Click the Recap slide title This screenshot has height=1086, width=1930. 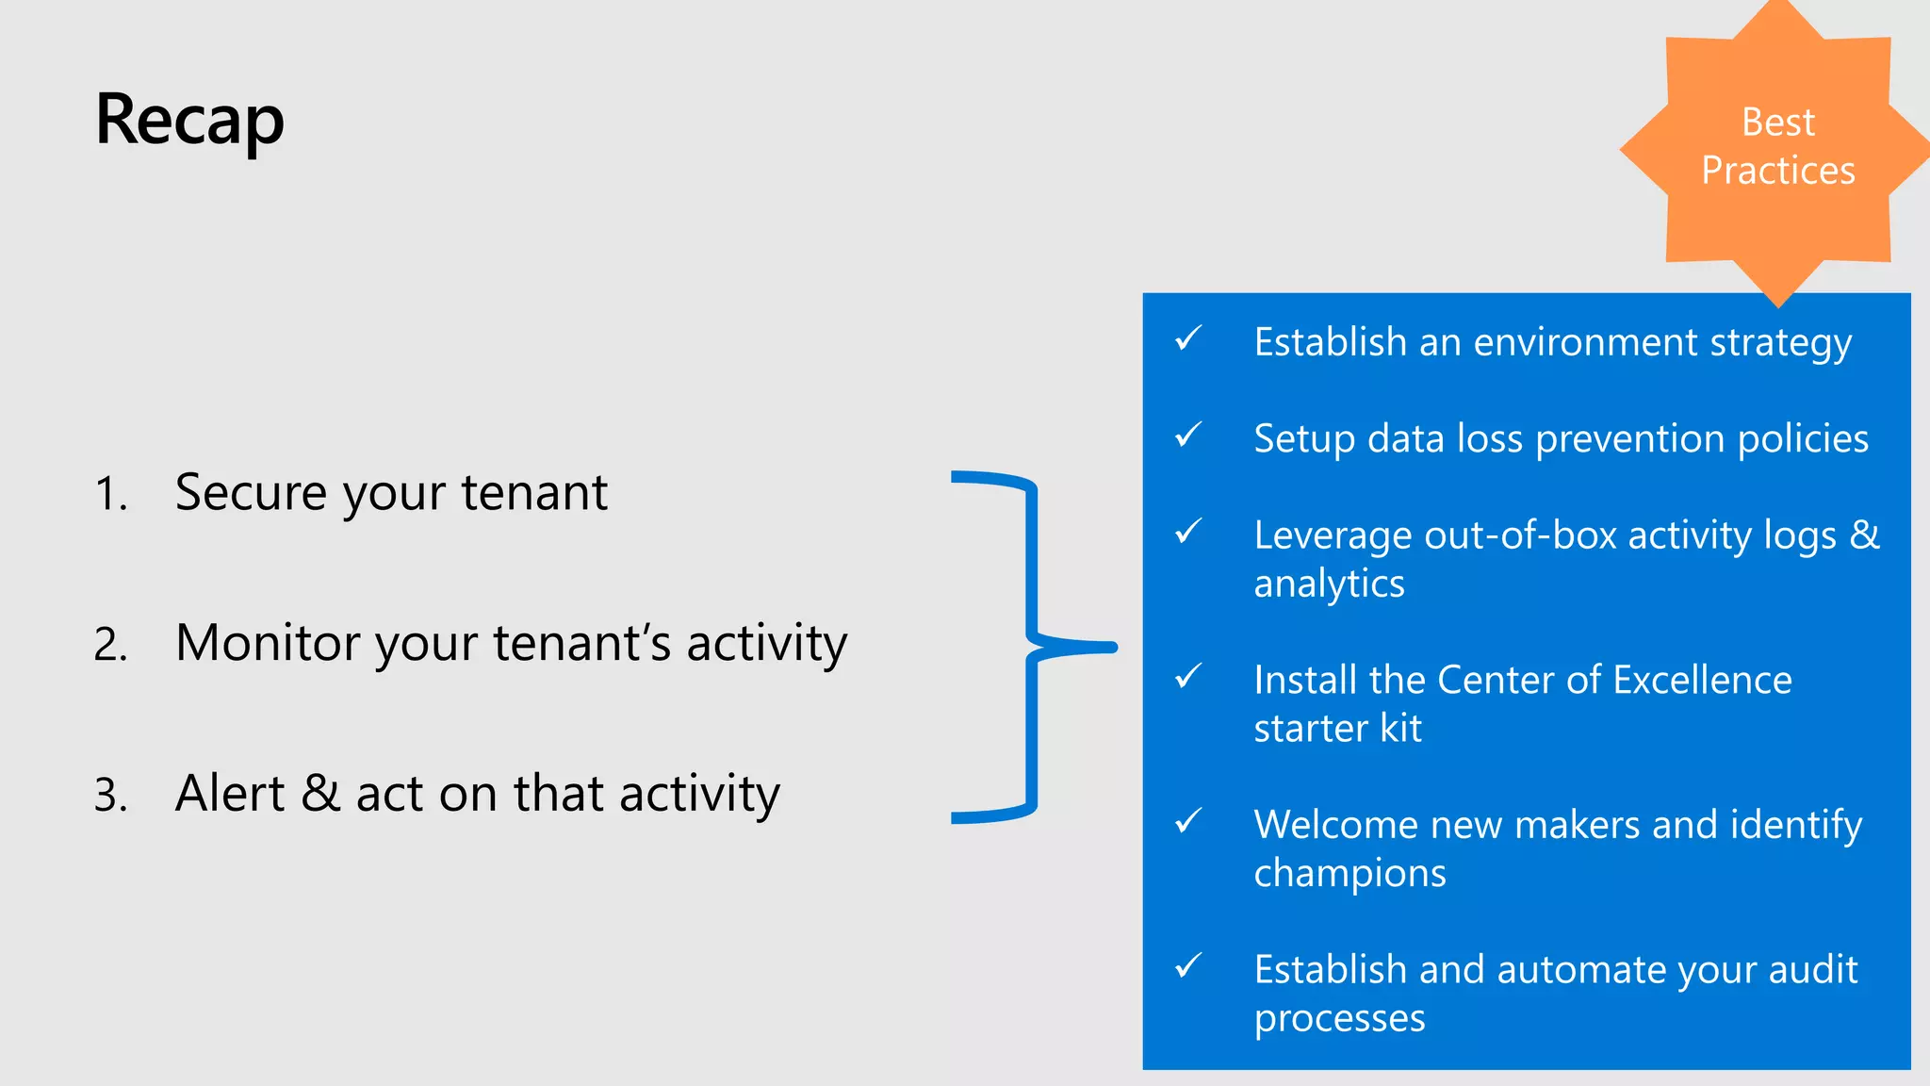(x=189, y=121)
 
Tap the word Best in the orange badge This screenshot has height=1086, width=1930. (x=1777, y=123)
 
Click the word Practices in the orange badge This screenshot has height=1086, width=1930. (x=1777, y=171)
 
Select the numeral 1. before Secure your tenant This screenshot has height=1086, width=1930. (x=110, y=495)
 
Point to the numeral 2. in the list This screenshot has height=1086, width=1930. (x=110, y=646)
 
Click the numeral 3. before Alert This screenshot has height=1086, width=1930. (x=110, y=796)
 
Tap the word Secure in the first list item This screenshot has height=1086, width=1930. (x=251, y=493)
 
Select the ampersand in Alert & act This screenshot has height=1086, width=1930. (x=320, y=793)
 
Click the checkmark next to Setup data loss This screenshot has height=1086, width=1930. (x=1188, y=435)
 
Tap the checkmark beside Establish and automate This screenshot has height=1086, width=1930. (x=1188, y=965)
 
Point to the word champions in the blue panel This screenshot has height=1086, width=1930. (x=1349, y=874)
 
